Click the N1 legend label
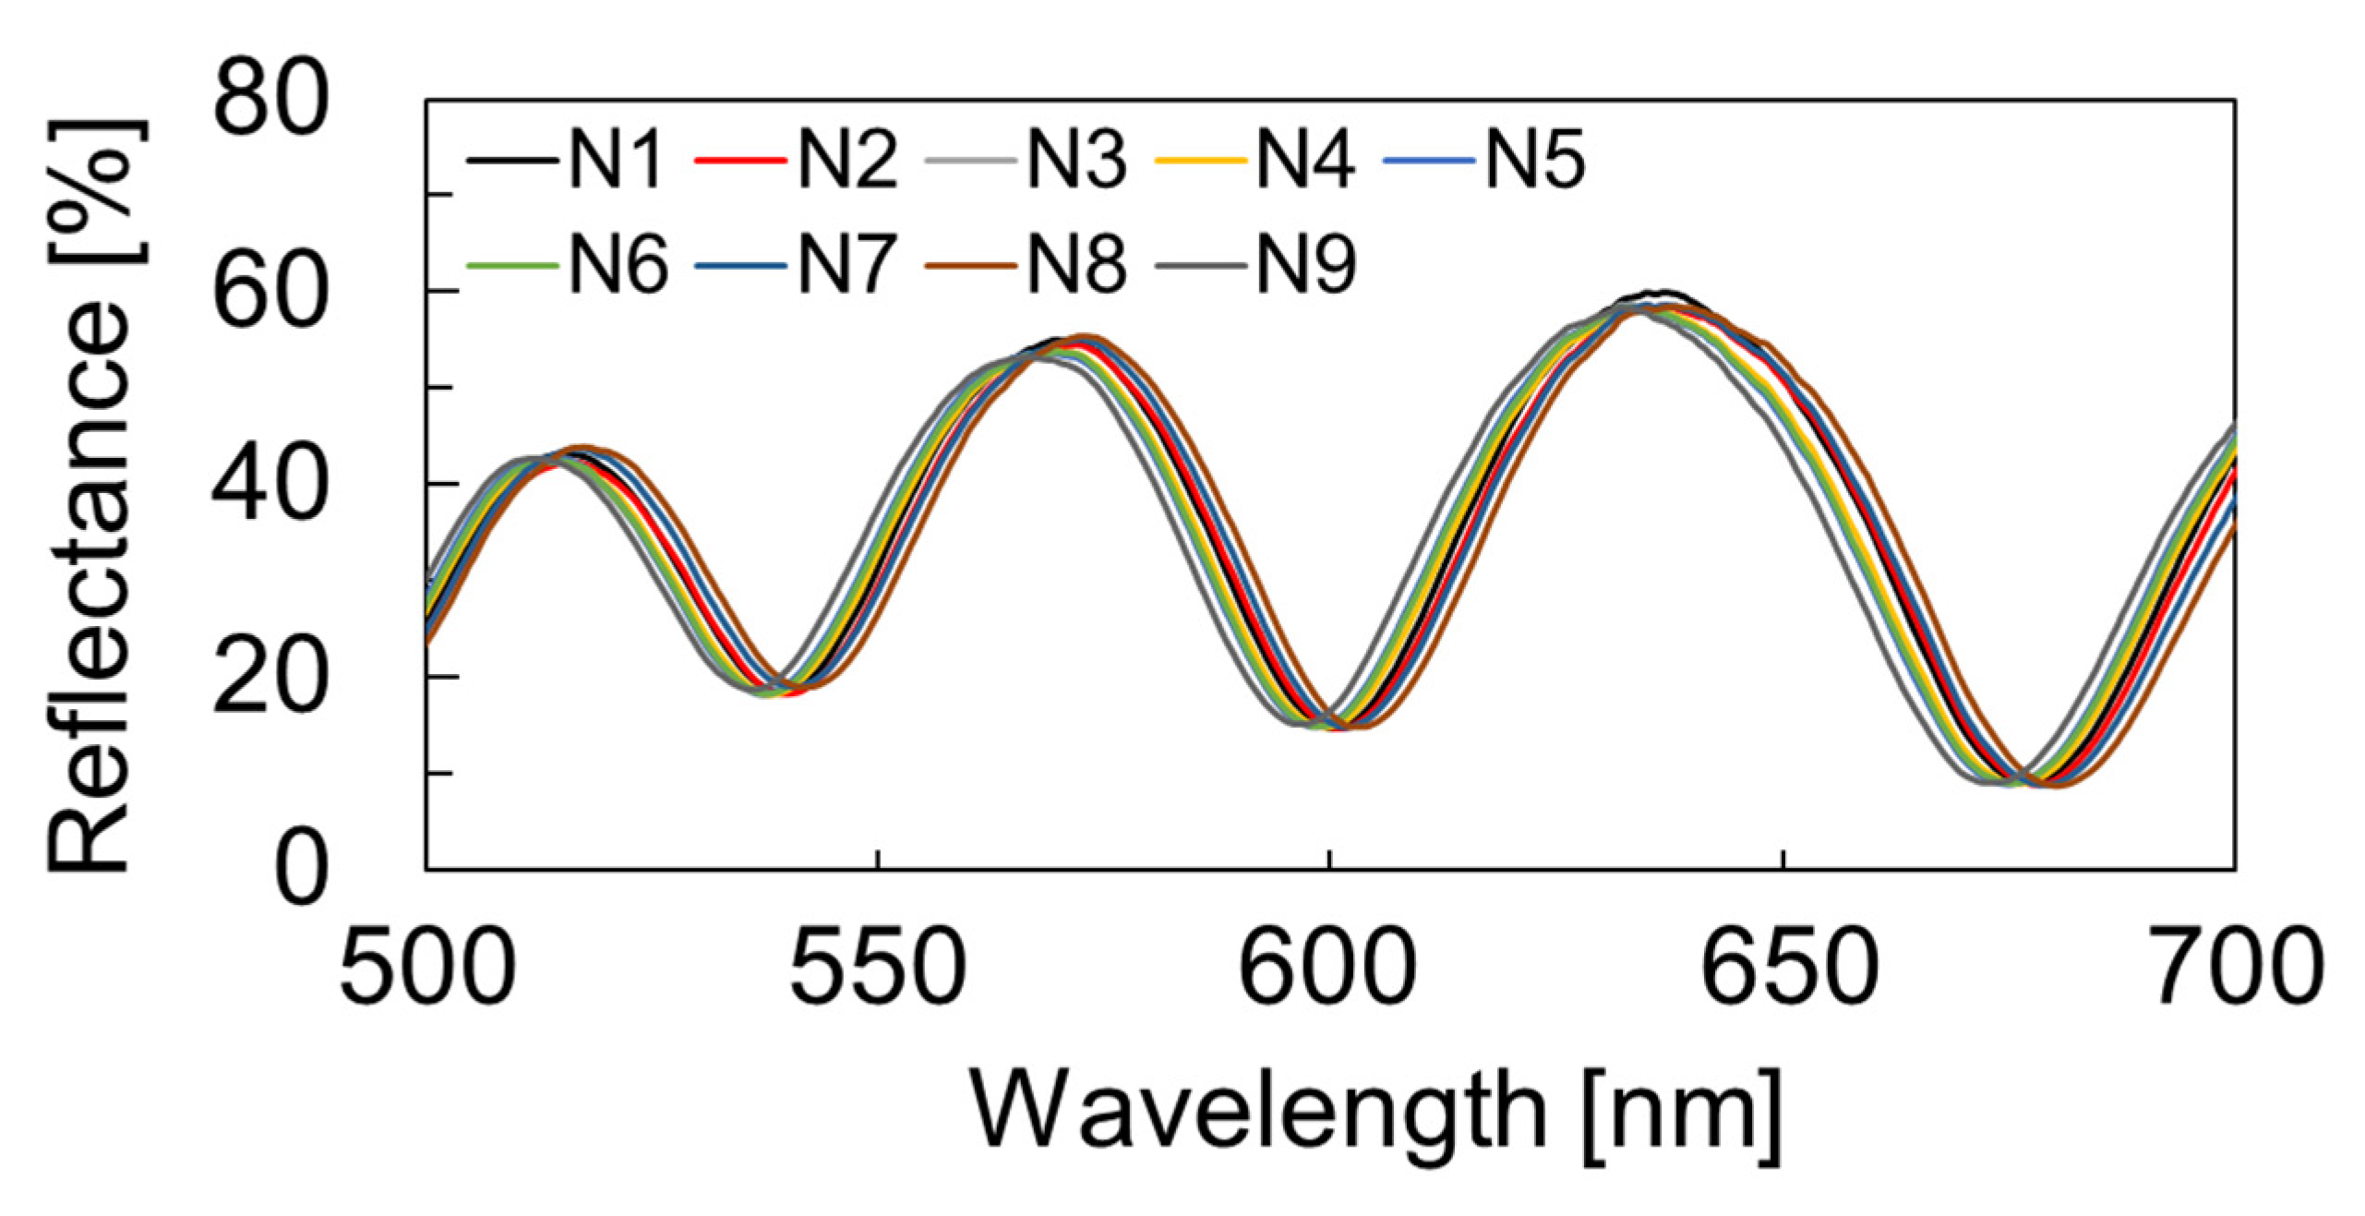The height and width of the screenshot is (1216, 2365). (616, 160)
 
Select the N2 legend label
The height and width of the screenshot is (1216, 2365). (846, 160)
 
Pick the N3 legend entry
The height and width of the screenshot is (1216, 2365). (1076, 160)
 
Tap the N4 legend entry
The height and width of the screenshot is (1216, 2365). (1305, 160)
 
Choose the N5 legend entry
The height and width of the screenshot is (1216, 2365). (1535, 160)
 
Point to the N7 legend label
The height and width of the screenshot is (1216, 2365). (846, 264)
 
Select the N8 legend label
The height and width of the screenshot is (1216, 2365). (1076, 264)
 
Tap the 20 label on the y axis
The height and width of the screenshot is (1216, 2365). (270, 679)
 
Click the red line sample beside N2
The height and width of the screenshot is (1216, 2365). (739, 161)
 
